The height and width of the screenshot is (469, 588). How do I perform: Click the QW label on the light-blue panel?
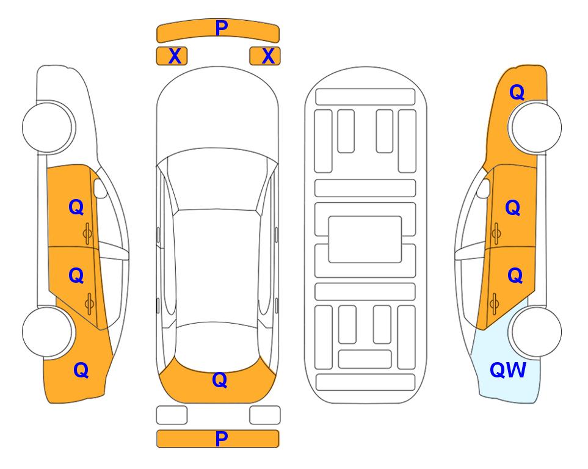[x=508, y=370]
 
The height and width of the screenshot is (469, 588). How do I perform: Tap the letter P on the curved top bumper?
[x=222, y=27]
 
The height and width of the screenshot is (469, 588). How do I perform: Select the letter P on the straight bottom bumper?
[x=221, y=438]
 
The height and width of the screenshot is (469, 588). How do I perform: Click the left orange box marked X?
[x=172, y=56]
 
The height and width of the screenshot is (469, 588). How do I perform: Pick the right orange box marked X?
[x=265, y=56]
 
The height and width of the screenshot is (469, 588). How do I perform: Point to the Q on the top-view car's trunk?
[x=219, y=380]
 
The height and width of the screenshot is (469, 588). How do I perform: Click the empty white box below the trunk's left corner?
[x=172, y=415]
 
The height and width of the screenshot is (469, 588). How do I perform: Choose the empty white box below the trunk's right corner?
[x=265, y=415]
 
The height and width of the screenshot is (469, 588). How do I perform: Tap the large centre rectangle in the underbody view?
[x=365, y=239]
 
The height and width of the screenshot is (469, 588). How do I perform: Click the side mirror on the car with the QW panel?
[x=484, y=188]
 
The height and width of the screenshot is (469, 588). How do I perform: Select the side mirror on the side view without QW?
[x=100, y=188]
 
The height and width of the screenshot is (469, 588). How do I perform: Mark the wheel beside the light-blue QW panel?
[x=535, y=332]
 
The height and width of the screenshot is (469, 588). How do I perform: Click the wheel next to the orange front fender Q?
[x=535, y=127]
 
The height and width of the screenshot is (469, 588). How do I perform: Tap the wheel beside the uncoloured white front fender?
[x=48, y=127]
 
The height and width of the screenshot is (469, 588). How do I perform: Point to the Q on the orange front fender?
[x=517, y=92]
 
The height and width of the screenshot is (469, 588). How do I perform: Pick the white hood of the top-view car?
[x=217, y=112]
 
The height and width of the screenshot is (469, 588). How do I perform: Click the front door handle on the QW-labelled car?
[x=496, y=233]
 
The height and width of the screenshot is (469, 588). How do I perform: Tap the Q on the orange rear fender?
[x=81, y=370]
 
